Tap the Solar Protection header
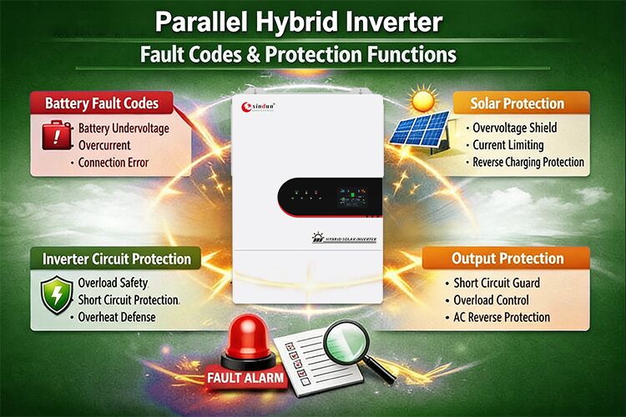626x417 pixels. [517, 103]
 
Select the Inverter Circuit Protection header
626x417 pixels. [117, 259]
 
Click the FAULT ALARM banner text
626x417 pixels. [246, 378]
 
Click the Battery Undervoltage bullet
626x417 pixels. [122, 129]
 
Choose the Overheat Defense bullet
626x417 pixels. [116, 317]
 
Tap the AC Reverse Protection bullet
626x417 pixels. [502, 317]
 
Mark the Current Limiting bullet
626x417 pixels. [508, 145]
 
